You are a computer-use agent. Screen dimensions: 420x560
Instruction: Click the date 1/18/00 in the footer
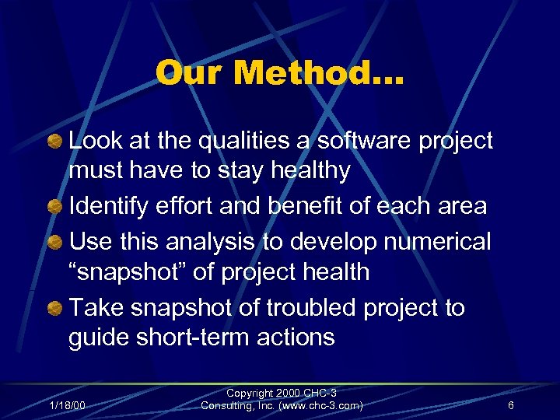pyautogui.click(x=68, y=405)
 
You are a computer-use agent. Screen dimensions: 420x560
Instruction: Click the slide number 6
pyautogui.click(x=510, y=405)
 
